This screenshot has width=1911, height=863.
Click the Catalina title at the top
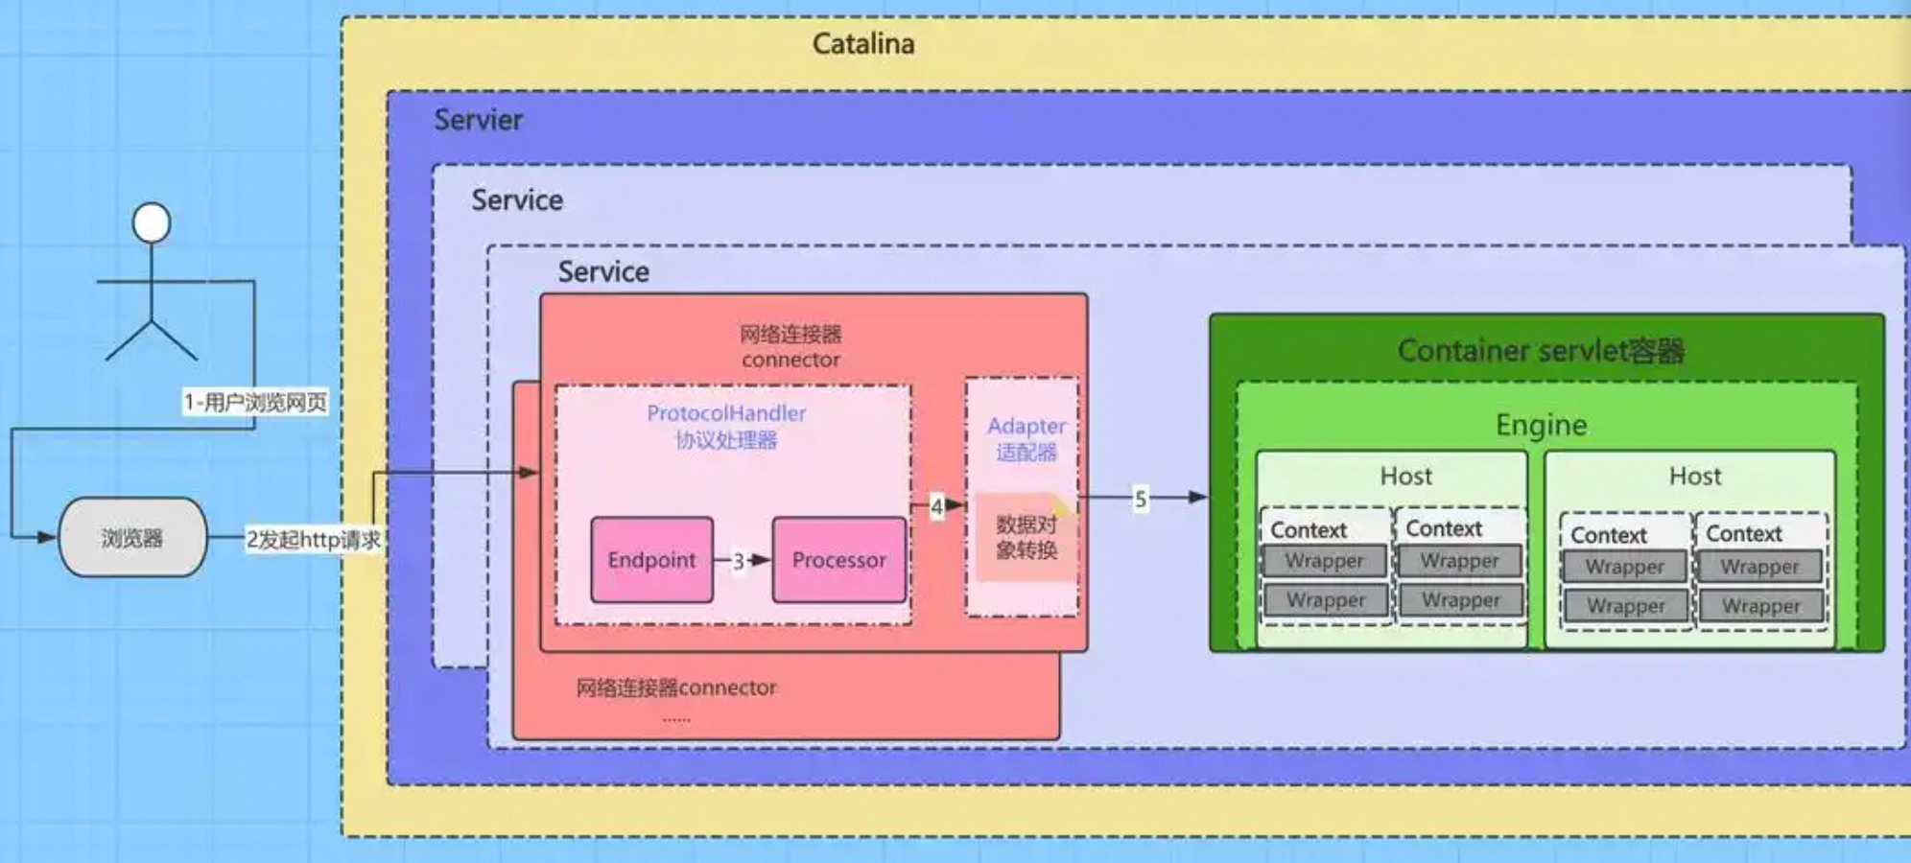(862, 44)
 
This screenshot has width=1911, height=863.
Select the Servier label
(478, 120)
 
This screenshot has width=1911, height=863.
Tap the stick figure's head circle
(152, 222)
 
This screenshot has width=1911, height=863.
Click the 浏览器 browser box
(132, 538)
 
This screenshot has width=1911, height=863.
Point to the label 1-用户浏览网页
(255, 402)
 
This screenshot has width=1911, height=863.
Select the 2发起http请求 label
(313, 540)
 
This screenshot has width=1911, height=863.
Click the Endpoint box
(651, 560)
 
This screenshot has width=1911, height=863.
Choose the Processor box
(838, 560)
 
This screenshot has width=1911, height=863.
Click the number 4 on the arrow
(936, 506)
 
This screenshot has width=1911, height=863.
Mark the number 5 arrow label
(1140, 499)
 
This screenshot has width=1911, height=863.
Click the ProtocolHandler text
(726, 413)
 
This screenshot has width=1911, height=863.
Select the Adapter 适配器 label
(1026, 438)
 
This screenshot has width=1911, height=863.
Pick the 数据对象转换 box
(1026, 537)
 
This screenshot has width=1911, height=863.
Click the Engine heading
(1541, 425)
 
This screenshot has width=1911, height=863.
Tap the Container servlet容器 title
(1541, 351)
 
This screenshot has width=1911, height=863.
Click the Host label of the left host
(1405, 477)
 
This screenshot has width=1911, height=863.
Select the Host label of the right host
(1694, 477)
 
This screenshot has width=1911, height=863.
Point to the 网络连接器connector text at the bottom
(675, 688)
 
